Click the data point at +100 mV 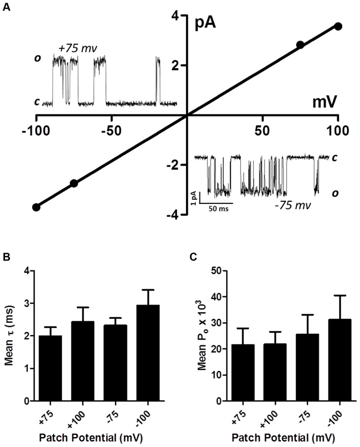338,26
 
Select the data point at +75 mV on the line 300,45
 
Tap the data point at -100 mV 36,207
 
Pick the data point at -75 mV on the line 74,183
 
